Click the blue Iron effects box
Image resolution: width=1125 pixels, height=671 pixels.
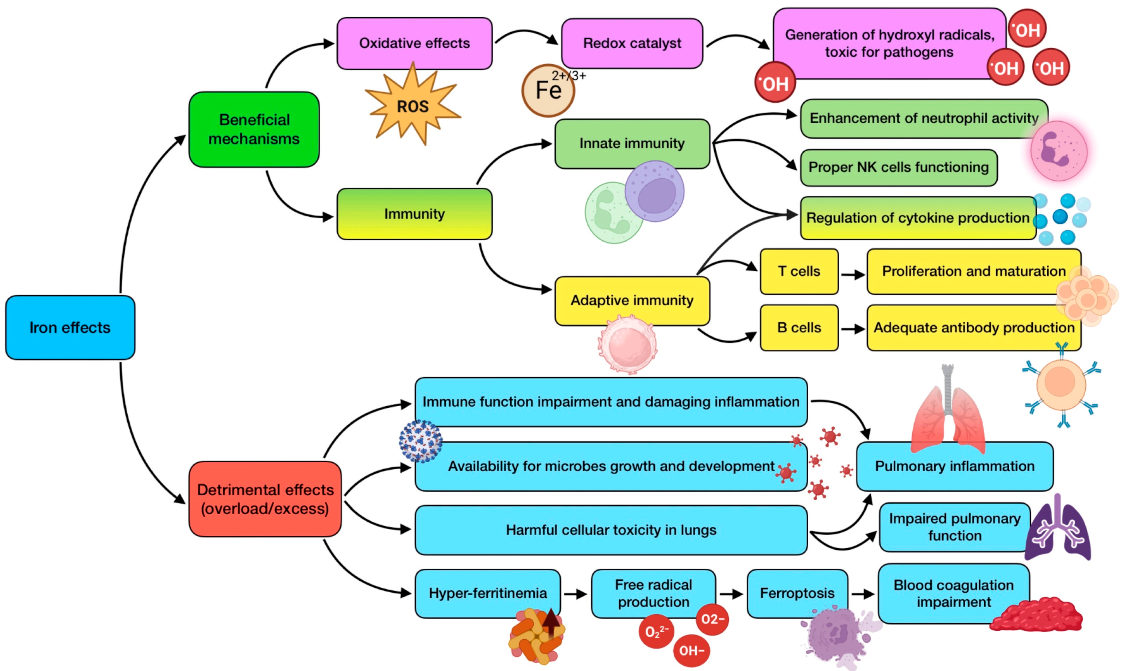(x=70, y=327)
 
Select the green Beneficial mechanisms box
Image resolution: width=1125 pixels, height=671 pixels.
(x=254, y=129)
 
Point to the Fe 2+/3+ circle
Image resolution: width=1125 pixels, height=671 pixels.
(x=548, y=90)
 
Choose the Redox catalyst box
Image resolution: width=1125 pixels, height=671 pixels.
(x=632, y=43)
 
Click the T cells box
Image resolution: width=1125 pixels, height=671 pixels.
(x=799, y=271)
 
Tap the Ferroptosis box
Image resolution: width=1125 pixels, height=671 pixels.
(x=797, y=593)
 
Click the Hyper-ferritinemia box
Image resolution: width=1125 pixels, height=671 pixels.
(x=488, y=593)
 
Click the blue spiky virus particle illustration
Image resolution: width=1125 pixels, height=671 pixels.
(x=420, y=441)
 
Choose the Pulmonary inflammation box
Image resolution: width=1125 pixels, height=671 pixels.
(x=955, y=466)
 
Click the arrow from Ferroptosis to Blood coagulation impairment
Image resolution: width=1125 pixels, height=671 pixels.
(x=863, y=594)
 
